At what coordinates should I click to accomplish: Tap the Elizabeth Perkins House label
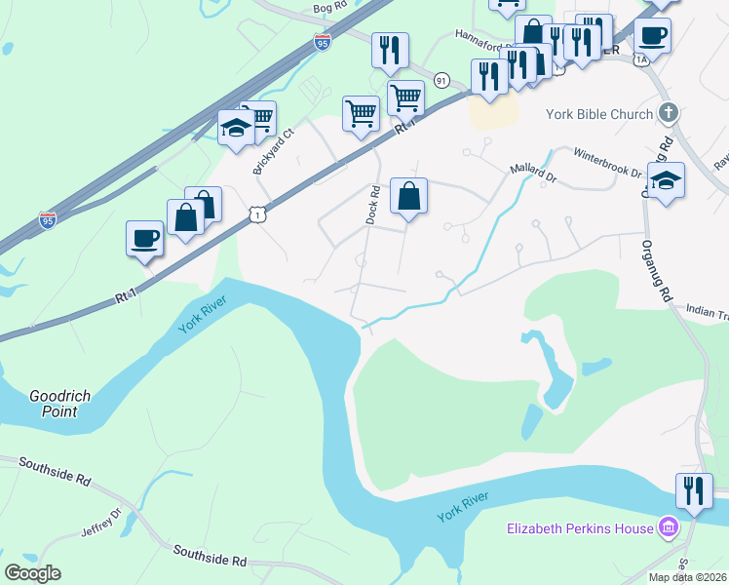tap(580, 529)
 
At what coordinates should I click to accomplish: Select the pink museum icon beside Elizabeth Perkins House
tap(669, 528)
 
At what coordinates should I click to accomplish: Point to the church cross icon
tap(668, 113)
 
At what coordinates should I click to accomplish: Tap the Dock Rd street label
tap(372, 205)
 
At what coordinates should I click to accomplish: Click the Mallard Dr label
tap(533, 175)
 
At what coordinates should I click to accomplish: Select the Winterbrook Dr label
tap(607, 164)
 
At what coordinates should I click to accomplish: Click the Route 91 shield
tap(441, 80)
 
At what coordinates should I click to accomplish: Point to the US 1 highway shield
tap(256, 212)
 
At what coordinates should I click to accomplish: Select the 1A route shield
tap(640, 59)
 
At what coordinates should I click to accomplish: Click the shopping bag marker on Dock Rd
tap(409, 195)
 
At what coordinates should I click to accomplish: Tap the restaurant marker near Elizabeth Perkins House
tap(694, 489)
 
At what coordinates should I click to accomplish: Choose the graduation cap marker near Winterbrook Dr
tap(667, 180)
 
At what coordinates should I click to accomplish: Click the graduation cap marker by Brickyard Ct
tap(236, 128)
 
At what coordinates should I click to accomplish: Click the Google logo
tap(32, 572)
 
